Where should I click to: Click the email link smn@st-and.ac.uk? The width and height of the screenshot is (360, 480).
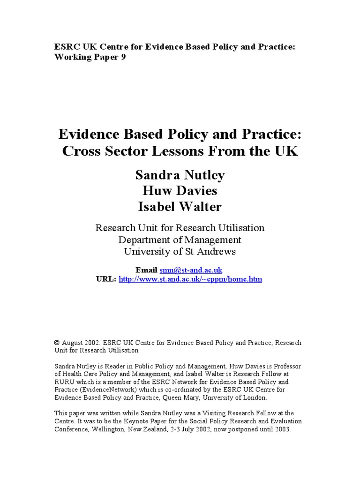[191, 270]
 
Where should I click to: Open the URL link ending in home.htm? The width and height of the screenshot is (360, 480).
[190, 279]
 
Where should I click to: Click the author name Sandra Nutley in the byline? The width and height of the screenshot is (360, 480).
[180, 175]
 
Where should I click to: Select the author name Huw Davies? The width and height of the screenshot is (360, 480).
[180, 191]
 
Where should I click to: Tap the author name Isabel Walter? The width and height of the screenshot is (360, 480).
[180, 206]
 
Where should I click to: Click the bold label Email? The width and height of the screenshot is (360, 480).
[146, 270]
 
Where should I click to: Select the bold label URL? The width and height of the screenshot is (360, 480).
[106, 279]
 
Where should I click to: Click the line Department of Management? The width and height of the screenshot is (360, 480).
[180, 240]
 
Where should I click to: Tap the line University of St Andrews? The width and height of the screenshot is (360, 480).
[180, 252]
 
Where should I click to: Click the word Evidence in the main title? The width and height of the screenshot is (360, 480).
[87, 135]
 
